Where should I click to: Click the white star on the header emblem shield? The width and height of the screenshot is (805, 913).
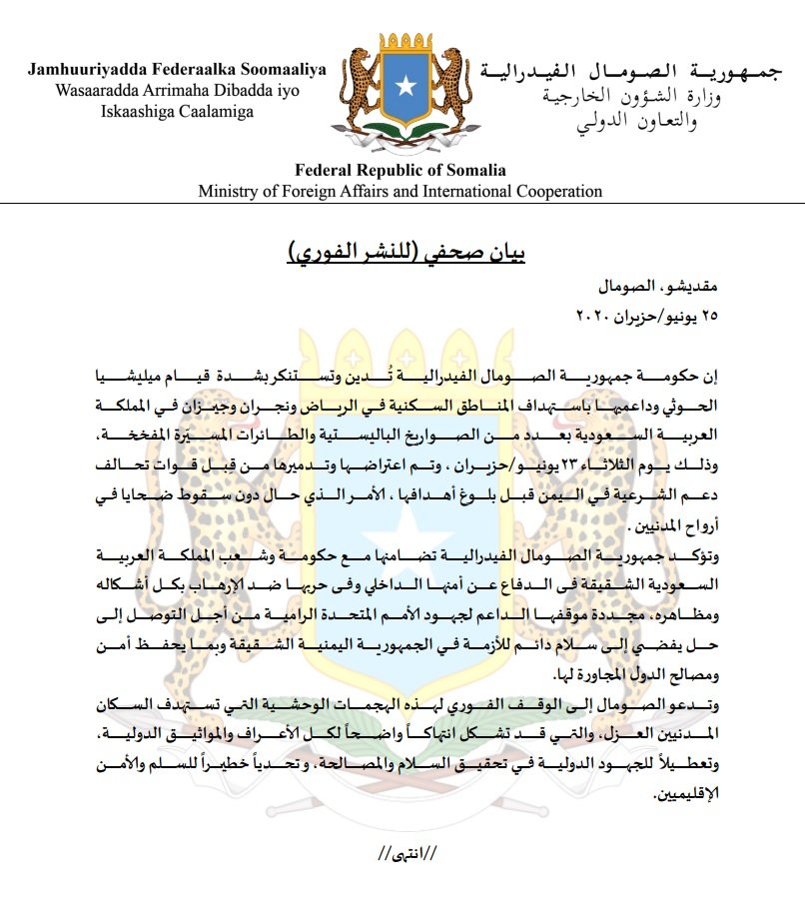click(x=403, y=86)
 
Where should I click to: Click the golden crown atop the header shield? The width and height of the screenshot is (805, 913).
click(x=403, y=46)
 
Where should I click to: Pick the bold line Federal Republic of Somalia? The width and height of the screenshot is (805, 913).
click(x=400, y=170)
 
